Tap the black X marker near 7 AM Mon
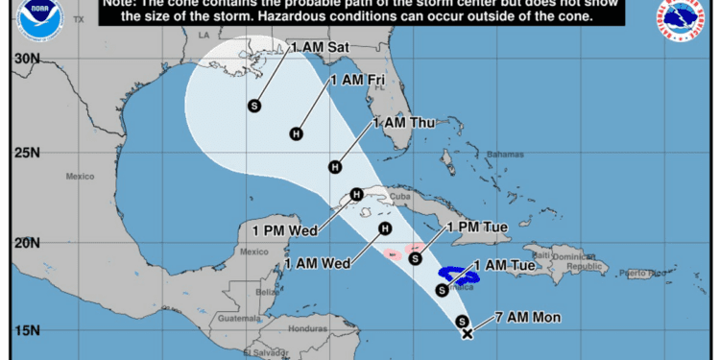click(468, 334)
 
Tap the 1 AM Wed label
click(315, 263)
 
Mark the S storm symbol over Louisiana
click(254, 105)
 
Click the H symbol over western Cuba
click(356, 195)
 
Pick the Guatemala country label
click(240, 319)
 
